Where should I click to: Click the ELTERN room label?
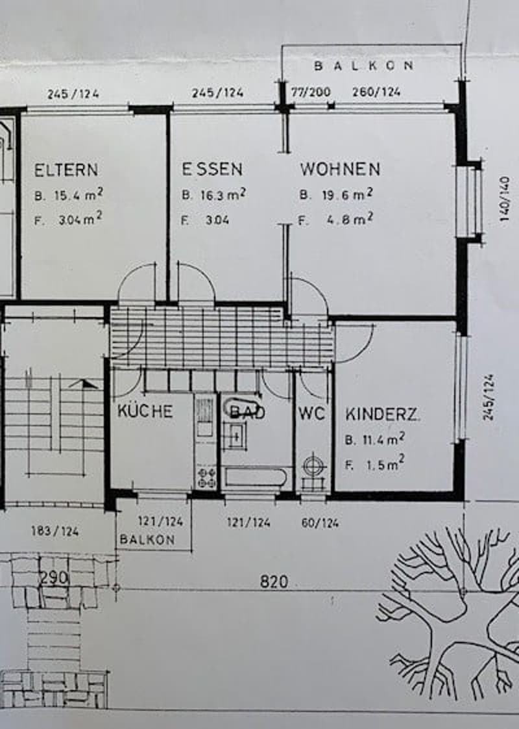[66, 169]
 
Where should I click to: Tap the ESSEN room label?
[212, 169]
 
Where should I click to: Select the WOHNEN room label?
[340, 168]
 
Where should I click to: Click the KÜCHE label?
[145, 411]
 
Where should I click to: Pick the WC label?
[311, 413]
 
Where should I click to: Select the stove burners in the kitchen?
[206, 478]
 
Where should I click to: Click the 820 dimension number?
[274, 581]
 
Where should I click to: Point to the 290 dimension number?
[54, 578]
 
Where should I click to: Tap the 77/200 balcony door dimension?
[311, 92]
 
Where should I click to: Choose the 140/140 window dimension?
[505, 199]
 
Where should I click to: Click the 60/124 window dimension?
[320, 523]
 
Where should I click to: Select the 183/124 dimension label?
[54, 531]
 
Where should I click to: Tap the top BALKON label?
[363, 66]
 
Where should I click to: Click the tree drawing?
[450, 619]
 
